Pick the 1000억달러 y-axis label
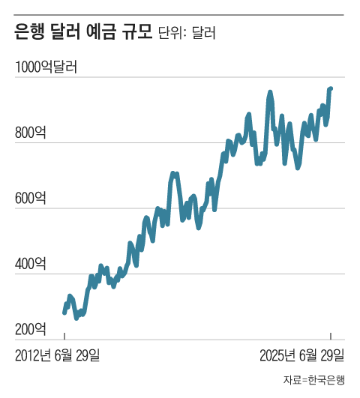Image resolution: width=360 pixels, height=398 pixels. pyautogui.click(x=46, y=68)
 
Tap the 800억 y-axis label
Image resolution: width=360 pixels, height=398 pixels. pyautogui.click(x=31, y=133)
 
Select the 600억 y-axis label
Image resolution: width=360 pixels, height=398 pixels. pyautogui.click(x=31, y=199)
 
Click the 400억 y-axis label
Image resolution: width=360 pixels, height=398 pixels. pyautogui.click(x=31, y=264)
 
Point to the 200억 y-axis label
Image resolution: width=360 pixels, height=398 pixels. pyautogui.click(x=31, y=329)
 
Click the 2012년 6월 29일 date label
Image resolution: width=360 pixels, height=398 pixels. pyautogui.click(x=58, y=355)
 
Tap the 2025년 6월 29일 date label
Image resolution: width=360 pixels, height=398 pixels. pyautogui.click(x=302, y=355)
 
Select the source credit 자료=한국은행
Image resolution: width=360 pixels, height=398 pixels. pyautogui.click(x=314, y=380)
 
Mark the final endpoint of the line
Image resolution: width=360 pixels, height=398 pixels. pyautogui.click(x=331, y=88)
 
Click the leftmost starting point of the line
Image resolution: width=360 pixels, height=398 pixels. pyautogui.click(x=64, y=313)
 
